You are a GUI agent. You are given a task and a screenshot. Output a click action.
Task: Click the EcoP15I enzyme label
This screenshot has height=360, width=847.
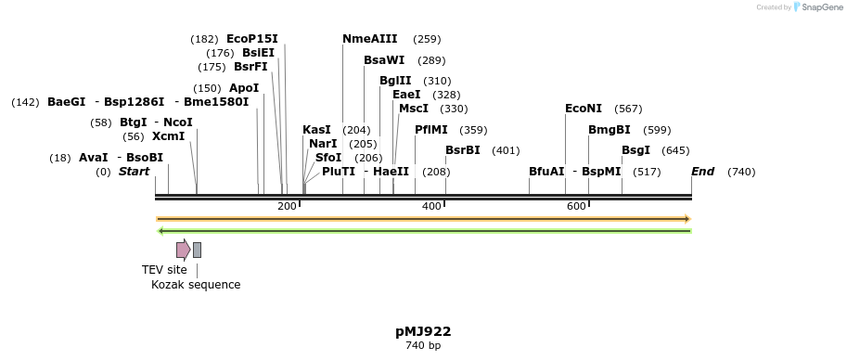point(251,39)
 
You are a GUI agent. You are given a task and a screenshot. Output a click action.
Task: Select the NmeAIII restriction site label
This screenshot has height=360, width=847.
point(369,39)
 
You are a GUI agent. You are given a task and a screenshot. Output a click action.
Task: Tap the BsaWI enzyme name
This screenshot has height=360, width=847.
point(384,60)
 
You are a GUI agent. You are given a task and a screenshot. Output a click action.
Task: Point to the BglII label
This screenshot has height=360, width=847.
point(395,81)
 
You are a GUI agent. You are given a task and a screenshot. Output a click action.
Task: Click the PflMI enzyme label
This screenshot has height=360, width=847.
point(431,130)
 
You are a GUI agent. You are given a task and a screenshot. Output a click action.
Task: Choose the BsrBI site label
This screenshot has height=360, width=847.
point(463,150)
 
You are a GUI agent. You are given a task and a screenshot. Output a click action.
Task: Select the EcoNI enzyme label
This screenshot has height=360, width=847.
point(584,109)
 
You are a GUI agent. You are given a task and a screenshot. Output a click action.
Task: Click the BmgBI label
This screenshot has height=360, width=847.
point(610,130)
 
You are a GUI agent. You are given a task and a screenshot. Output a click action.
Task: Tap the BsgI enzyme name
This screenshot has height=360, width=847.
point(636,150)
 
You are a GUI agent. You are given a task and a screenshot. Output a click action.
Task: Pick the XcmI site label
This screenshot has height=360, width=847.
point(168,136)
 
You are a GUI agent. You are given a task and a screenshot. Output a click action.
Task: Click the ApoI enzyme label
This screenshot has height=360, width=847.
point(244,88)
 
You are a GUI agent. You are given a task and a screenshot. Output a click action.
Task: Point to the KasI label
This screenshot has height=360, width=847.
point(316,130)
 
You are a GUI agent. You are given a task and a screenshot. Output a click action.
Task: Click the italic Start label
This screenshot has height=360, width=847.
point(134,172)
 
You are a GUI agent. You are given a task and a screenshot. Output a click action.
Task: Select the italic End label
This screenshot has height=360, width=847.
point(703,172)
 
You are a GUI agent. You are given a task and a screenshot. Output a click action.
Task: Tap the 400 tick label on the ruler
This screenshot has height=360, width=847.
point(431,206)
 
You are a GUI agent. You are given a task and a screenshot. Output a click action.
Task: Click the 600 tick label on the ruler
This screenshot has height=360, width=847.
point(576,206)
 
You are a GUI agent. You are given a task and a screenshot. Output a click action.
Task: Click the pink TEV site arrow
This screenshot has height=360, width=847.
point(183,249)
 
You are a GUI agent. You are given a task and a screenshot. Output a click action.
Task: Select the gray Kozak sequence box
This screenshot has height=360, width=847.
point(197,250)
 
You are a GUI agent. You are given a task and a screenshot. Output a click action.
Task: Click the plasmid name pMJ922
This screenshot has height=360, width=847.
point(423,331)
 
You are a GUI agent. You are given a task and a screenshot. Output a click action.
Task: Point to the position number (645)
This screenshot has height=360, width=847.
point(675,150)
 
